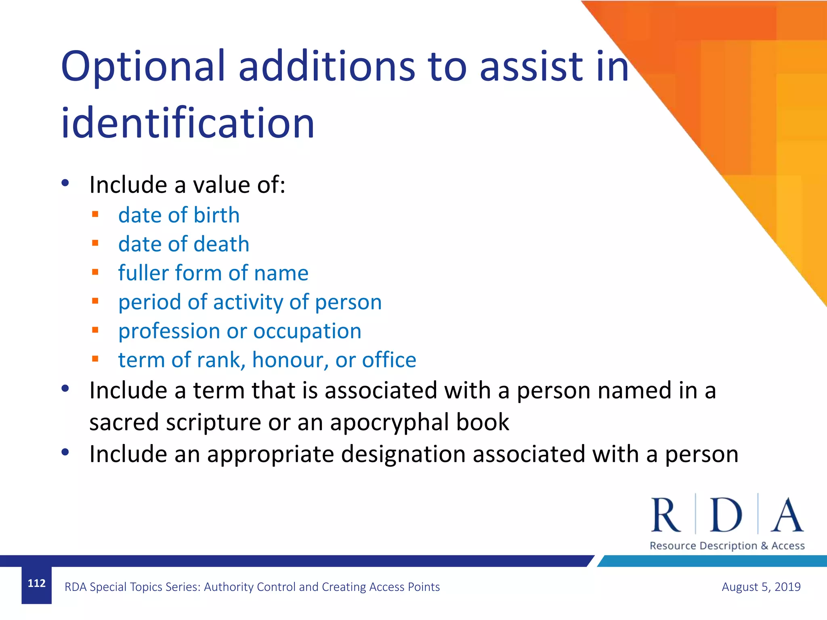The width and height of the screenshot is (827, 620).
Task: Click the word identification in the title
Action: coord(187,123)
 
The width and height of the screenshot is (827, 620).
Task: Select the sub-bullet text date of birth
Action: coord(178,215)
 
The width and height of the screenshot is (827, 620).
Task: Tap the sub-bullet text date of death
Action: coord(183,244)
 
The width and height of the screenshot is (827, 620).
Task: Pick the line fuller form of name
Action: coord(213,273)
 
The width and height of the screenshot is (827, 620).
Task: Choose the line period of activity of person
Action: coord(250,302)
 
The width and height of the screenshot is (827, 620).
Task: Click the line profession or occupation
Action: coord(239,331)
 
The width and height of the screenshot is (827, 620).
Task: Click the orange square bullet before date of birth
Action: coord(95,214)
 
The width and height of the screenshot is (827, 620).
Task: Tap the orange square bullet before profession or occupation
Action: coord(95,330)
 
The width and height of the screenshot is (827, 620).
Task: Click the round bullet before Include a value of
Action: coord(65,183)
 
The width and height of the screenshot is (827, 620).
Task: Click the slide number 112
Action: coord(36,583)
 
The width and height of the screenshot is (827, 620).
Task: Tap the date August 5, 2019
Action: coord(761,587)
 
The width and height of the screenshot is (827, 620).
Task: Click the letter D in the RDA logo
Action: coord(726,515)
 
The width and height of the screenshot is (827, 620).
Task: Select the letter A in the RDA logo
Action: coord(787,515)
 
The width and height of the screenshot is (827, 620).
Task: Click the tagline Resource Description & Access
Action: coord(727,546)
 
